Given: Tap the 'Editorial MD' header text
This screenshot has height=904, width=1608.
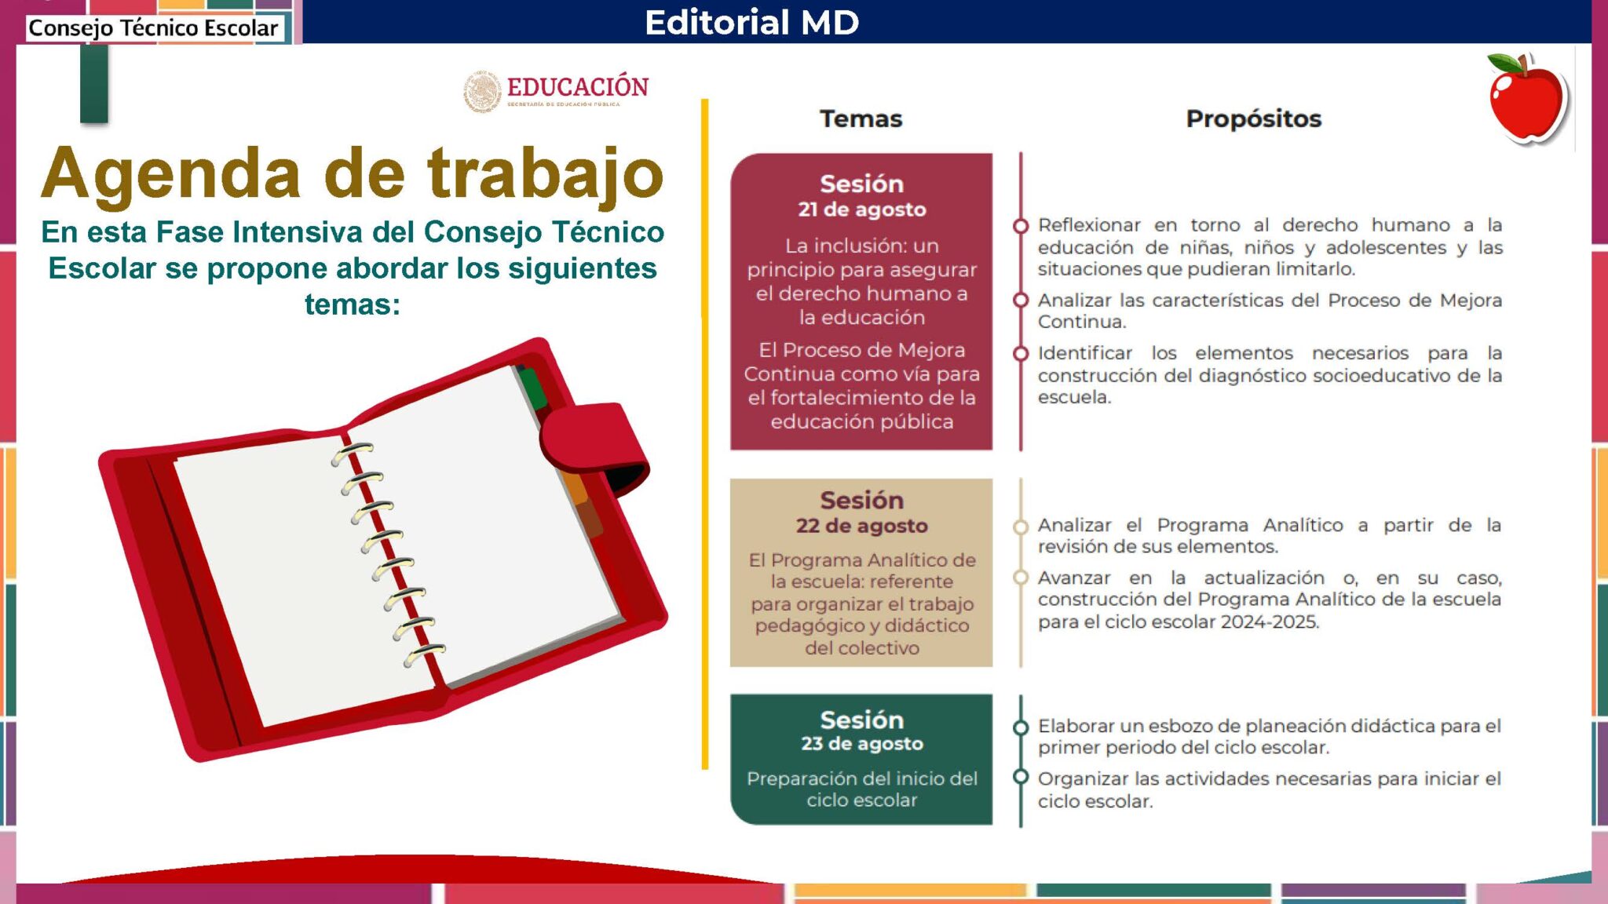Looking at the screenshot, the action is tap(751, 22).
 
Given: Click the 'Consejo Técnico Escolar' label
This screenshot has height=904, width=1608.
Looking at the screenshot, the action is tap(153, 28).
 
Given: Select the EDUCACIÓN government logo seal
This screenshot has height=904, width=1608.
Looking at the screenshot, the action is tap(482, 92).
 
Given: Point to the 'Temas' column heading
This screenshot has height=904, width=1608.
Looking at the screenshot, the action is tap(861, 118).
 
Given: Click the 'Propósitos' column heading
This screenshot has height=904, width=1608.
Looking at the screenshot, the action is tap(1254, 118).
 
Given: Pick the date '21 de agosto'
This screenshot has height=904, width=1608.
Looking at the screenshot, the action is tap(862, 210).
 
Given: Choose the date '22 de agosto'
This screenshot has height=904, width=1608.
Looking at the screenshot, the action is tap(862, 526).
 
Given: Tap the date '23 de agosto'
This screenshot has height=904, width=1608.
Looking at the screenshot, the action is tap(862, 743).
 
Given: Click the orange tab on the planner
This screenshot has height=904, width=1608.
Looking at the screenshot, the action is tap(576, 487).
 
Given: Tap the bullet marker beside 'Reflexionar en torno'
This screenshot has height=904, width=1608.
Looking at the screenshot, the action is tap(1021, 226).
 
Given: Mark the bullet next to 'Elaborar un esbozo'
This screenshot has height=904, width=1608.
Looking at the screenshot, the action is tap(1021, 727).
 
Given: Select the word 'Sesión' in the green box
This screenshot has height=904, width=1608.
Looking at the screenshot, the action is tap(862, 720).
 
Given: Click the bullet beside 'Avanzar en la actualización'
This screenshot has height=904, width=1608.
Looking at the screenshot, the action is tap(1021, 578).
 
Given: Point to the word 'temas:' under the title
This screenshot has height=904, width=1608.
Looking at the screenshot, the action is tap(353, 304).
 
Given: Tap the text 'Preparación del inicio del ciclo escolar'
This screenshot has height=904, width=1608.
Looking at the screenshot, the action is tap(862, 789).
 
